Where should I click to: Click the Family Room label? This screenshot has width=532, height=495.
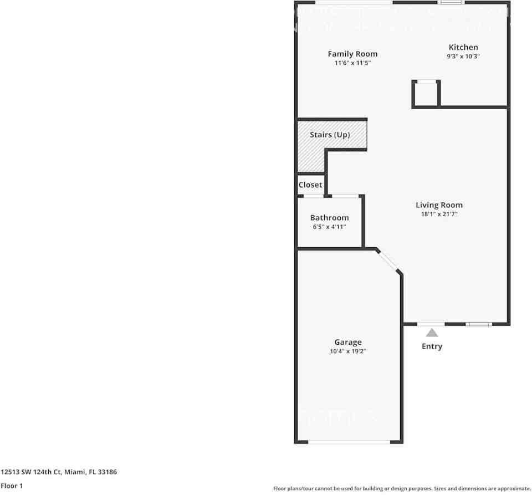352,54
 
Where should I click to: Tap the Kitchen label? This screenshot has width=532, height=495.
463,47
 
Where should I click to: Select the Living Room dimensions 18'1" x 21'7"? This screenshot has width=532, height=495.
439,214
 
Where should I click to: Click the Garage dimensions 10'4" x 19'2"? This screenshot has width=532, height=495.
347,351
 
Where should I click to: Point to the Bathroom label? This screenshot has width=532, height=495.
329,218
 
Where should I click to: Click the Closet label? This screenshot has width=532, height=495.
310,185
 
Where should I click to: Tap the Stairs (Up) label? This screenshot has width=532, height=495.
330,135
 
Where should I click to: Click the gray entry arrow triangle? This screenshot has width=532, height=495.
432,333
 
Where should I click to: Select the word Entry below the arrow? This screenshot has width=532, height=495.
432,346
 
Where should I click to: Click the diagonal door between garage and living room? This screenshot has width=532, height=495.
388,261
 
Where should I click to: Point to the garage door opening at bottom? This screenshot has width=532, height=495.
349,442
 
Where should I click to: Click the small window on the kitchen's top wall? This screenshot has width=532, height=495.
451,3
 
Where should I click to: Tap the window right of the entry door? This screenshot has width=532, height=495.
478,324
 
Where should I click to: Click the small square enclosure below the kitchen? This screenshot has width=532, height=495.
426,94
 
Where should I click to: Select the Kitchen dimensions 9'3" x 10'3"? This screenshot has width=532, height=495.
463,57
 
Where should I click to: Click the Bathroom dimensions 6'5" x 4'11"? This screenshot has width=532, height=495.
329,227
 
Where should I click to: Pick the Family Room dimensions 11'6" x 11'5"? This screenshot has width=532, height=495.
352,63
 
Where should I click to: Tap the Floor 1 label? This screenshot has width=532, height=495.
12,486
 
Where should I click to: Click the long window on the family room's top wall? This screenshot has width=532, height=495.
354,3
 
